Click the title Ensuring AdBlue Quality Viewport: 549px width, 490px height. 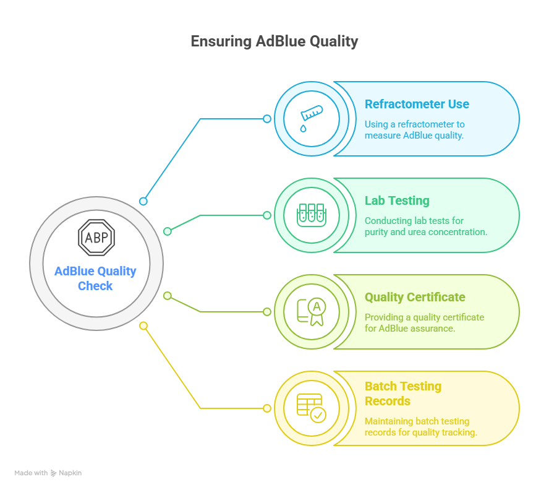click(x=274, y=41)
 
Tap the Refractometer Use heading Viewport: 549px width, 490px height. click(x=416, y=104)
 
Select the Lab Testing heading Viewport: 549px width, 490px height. click(x=396, y=200)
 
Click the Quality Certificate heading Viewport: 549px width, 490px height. click(x=414, y=297)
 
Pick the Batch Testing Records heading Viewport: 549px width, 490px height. click(x=402, y=393)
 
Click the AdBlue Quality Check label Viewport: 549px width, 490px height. click(x=95, y=278)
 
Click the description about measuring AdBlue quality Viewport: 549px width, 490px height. click(x=414, y=129)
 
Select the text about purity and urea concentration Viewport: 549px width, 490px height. click(x=425, y=226)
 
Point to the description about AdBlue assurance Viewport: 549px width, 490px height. click(x=424, y=322)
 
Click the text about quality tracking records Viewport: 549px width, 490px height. click(x=420, y=426)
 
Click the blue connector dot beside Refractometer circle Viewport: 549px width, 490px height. click(x=267, y=119)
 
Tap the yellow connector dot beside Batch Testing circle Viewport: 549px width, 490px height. click(x=267, y=408)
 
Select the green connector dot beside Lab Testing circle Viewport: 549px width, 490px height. click(x=267, y=215)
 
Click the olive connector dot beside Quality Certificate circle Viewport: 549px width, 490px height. click(x=267, y=312)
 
